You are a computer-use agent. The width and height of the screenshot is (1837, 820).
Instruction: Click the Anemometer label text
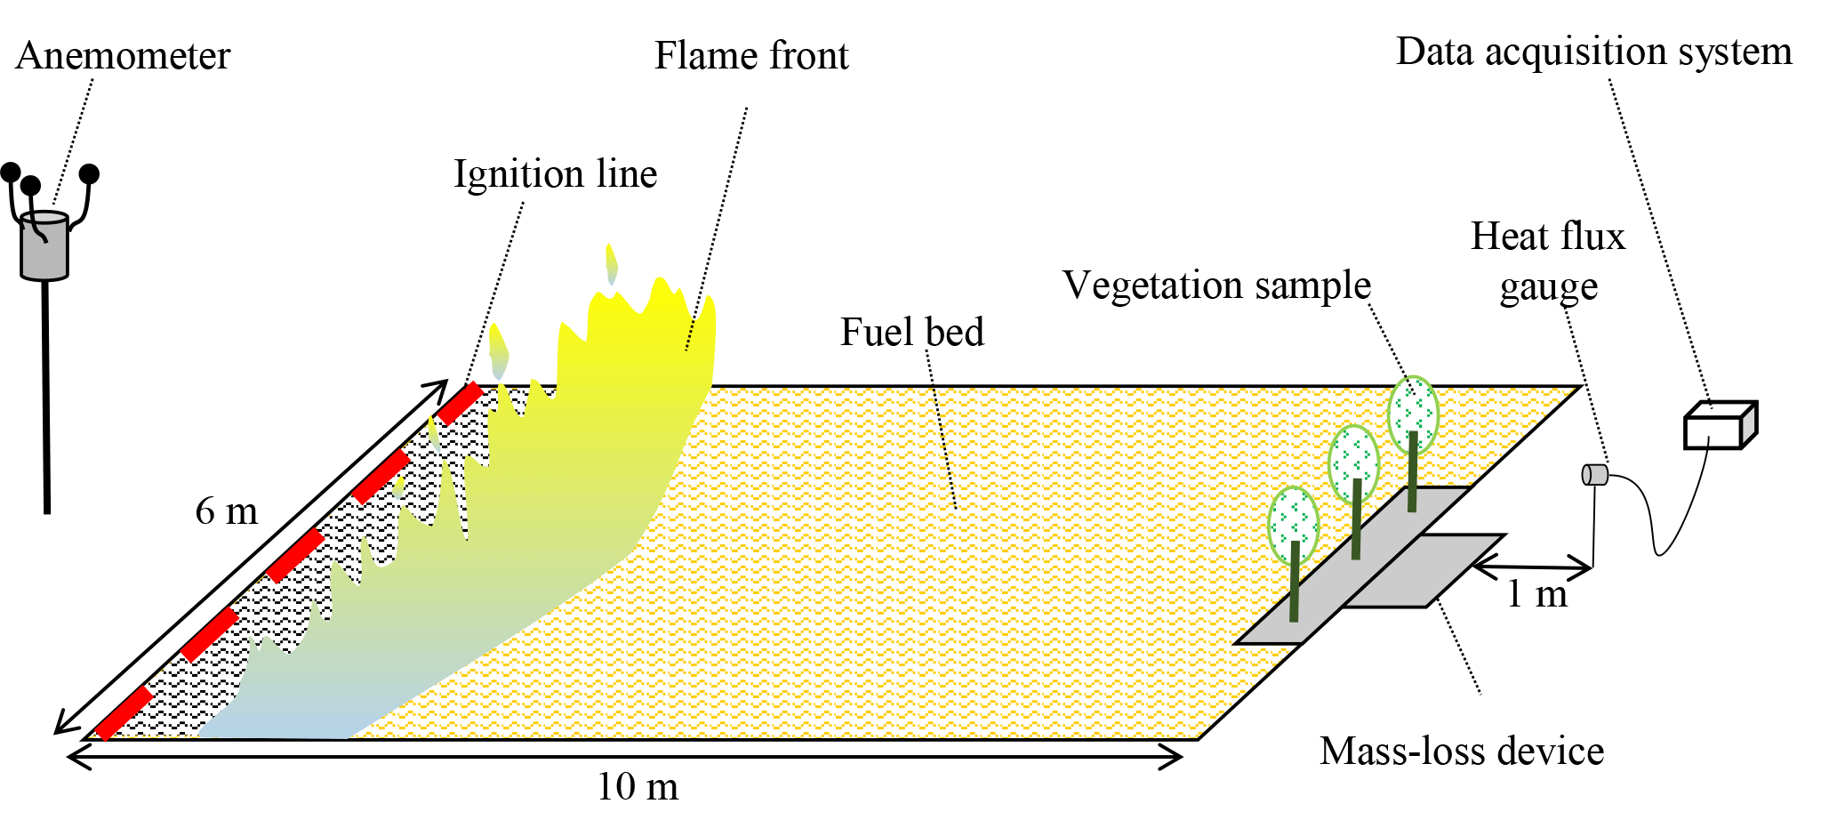pos(123,56)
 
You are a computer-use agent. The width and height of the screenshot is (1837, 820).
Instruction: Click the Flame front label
pos(751,56)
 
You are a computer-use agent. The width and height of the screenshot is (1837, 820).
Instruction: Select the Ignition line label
pos(555,174)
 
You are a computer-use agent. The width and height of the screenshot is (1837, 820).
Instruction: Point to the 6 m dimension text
pos(227,511)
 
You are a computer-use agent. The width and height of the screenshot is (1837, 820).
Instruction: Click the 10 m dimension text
pos(637,787)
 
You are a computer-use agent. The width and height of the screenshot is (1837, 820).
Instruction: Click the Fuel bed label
pos(912,333)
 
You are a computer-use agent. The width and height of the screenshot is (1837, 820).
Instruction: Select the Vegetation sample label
pos(1216,285)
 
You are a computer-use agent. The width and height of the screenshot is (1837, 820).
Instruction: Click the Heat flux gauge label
pos(1548,261)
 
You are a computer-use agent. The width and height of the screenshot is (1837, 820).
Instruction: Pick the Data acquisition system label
pos(1593,52)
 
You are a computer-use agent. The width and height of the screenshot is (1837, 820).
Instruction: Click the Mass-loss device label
pos(1462,752)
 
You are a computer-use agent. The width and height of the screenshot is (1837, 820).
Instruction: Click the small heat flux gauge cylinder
pos(1594,475)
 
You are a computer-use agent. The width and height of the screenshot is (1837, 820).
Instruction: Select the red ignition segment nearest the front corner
pos(124,712)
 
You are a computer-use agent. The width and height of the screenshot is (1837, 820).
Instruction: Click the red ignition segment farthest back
pos(460,403)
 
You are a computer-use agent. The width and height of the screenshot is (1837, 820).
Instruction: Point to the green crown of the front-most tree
pos(1293,525)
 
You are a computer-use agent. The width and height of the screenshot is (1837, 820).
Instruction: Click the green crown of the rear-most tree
pos(1413,414)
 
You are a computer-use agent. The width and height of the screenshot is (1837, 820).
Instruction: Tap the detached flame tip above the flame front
pos(611,264)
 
